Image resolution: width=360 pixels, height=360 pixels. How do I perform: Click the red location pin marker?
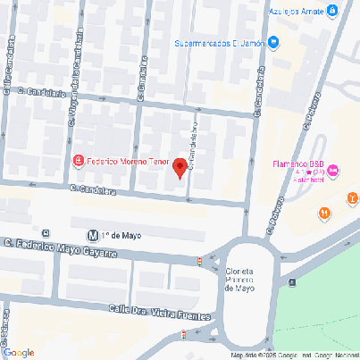(x=180, y=167)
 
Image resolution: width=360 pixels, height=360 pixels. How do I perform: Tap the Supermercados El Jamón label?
(x=230, y=42)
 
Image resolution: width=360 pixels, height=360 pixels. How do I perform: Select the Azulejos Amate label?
(x=296, y=11)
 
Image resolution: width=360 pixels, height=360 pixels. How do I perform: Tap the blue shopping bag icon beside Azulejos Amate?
(x=332, y=11)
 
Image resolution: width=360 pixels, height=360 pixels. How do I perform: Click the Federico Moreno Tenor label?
(x=126, y=161)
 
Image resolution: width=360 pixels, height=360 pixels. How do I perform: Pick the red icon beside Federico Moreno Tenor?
(x=79, y=161)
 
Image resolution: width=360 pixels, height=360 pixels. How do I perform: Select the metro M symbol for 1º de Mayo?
(x=92, y=236)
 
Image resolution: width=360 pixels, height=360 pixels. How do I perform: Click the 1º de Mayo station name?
(x=121, y=236)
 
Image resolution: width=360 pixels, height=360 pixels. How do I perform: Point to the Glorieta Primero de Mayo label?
(x=240, y=280)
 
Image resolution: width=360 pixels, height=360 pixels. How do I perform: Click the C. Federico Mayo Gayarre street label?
(x=60, y=247)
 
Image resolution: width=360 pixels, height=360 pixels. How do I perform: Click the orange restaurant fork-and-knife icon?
(x=323, y=213)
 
